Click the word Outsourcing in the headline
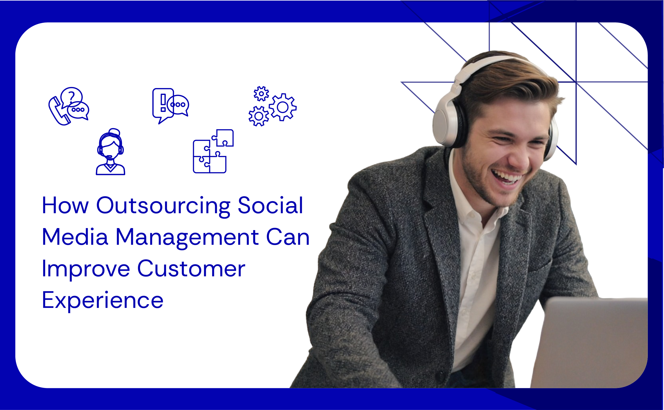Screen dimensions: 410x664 [x=163, y=206]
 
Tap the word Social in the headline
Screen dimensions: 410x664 [x=270, y=206]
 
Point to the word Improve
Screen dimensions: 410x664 [x=86, y=269]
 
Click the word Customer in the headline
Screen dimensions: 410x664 [x=191, y=269]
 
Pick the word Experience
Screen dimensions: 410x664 [x=102, y=300]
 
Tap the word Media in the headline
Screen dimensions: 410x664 [x=75, y=237]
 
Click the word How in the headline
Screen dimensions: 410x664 [x=65, y=206]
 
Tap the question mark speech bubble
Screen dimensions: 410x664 [x=71, y=96]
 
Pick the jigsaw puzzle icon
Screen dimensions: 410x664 [x=213, y=152]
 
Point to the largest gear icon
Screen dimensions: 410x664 [x=282, y=107]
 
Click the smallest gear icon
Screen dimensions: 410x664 [x=261, y=94]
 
